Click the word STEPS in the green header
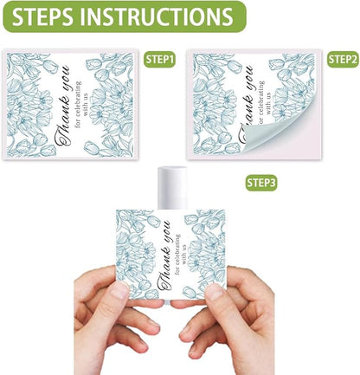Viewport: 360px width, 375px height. (x=42, y=16)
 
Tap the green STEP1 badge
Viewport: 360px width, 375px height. (x=160, y=60)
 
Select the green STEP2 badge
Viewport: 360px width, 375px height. (x=343, y=60)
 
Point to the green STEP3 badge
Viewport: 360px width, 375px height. (x=261, y=183)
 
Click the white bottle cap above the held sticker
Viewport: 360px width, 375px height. (x=172, y=188)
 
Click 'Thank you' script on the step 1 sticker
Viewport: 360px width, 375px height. (x=63, y=106)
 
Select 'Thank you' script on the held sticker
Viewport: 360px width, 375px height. (x=164, y=255)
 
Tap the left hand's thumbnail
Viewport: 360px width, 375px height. (x=119, y=290)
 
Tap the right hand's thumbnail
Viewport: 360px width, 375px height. (x=215, y=292)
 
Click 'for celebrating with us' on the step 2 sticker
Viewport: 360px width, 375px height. (x=265, y=102)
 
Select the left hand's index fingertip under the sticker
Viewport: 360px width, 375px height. (x=156, y=303)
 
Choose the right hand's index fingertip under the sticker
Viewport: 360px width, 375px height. (x=179, y=304)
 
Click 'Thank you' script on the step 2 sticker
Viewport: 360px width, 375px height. (x=246, y=104)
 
